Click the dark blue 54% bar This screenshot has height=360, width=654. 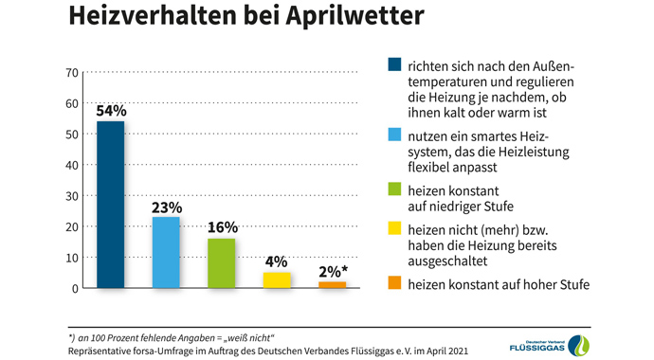tap(110, 205)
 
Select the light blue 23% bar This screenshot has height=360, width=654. tap(166, 252)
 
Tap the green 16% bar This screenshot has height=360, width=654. tap(221, 262)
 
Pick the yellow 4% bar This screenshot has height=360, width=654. tap(277, 279)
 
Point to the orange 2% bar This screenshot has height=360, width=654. tap(332, 284)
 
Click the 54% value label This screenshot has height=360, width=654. tap(110, 111)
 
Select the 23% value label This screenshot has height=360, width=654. tap(166, 207)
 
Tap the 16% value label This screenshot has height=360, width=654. tap(221, 227)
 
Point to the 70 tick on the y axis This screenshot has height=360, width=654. tap(71, 72)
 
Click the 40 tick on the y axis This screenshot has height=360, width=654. tap(71, 165)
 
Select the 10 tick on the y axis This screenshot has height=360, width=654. tap(71, 258)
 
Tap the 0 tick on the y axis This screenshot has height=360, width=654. tap(74, 288)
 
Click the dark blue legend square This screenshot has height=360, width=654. tap(394, 65)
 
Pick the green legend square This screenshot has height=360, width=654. tap(394, 189)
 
